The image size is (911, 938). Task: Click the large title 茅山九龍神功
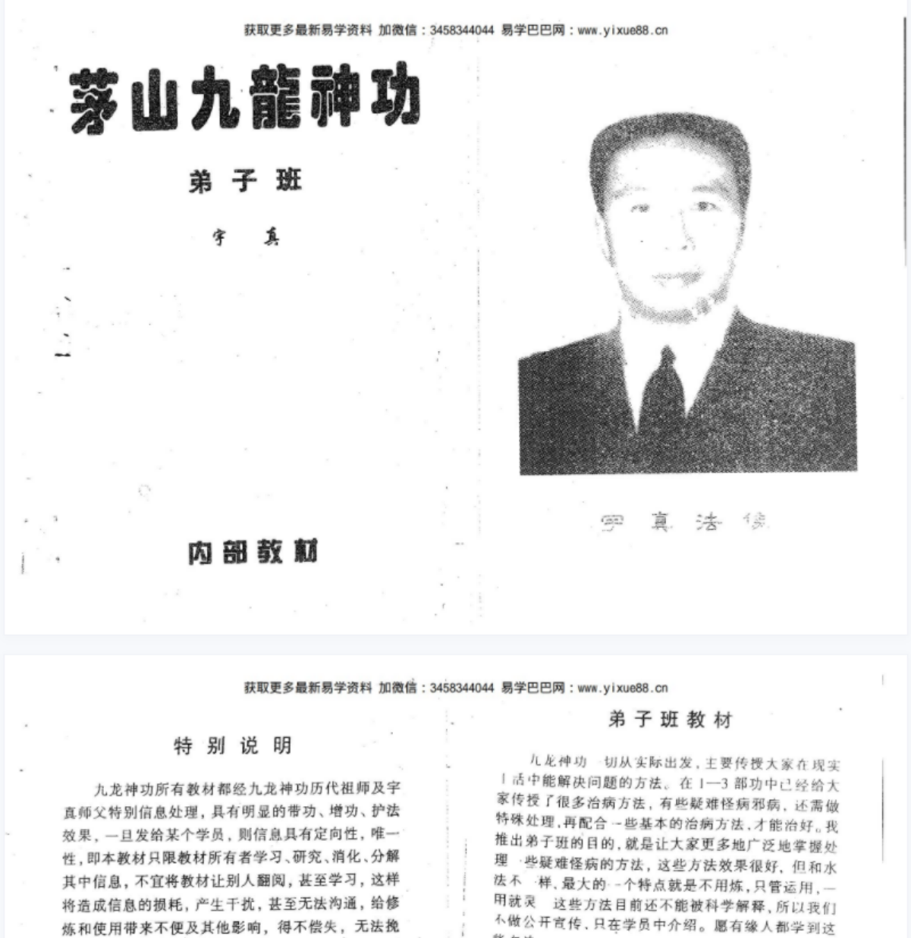244,100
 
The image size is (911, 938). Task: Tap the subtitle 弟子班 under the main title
245,181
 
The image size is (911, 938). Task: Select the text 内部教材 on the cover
253,552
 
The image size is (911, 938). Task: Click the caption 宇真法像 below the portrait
683,522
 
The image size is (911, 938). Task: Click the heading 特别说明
233,746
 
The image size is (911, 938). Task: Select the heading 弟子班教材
670,720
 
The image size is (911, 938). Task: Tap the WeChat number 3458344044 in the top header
461,31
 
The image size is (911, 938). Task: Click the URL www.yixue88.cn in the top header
622,31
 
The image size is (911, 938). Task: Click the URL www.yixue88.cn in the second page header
622,689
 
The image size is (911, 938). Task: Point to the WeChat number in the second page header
461,689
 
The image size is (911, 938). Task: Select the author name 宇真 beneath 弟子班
245,237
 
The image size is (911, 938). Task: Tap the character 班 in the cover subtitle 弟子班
288,181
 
